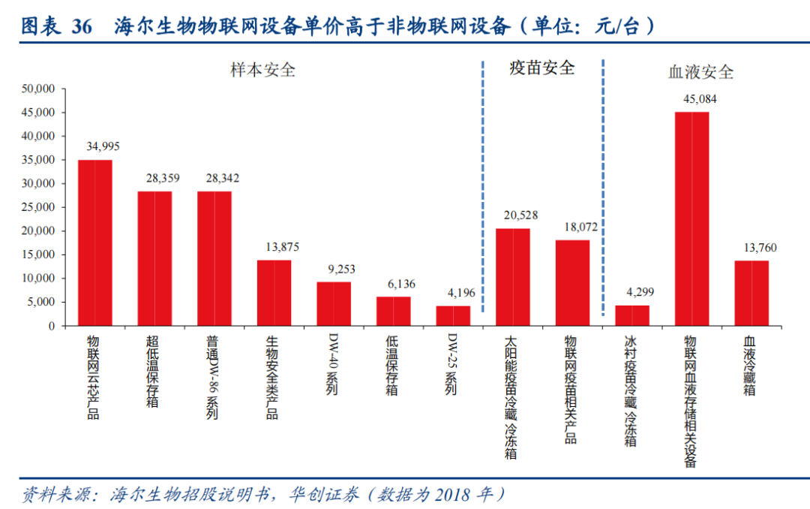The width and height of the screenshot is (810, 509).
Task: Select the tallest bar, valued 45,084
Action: [x=691, y=218]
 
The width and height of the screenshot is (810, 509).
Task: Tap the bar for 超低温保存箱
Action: [x=154, y=258]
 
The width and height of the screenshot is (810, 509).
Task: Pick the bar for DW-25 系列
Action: [x=453, y=315]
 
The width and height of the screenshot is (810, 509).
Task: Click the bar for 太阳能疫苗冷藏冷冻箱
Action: [x=513, y=277]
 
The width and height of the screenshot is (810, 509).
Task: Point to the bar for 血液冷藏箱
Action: [x=751, y=293]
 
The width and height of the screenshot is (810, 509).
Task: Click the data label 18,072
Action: [x=572, y=226]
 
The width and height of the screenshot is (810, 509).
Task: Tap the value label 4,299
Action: [x=632, y=293]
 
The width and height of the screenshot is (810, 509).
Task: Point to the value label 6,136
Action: [x=394, y=284]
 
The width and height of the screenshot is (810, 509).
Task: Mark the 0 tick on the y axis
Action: [x=52, y=326]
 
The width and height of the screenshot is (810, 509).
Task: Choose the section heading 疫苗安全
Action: [x=541, y=68]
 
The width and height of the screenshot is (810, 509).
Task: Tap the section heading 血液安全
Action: [x=700, y=72]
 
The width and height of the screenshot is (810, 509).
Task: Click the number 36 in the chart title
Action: [x=82, y=27]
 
